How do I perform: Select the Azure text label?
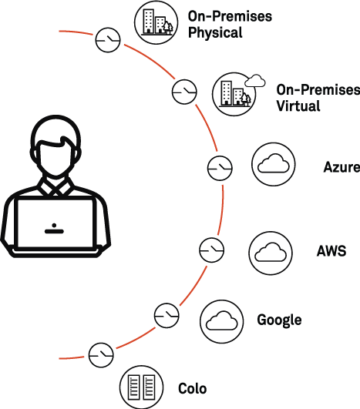[x=341, y=167]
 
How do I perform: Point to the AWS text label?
[x=331, y=251]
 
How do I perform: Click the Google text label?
[x=278, y=320]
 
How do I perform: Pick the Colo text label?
[x=192, y=388]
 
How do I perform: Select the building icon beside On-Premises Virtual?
[x=233, y=93]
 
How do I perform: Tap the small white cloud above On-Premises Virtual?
[x=254, y=80]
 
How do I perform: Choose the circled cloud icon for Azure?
[x=274, y=164]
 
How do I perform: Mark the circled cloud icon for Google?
[x=222, y=319]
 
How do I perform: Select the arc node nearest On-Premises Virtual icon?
[x=184, y=92]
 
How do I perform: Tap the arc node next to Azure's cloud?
[x=219, y=167]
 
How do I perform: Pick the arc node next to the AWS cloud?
[x=210, y=249]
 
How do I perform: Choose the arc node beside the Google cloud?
[x=167, y=314]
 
